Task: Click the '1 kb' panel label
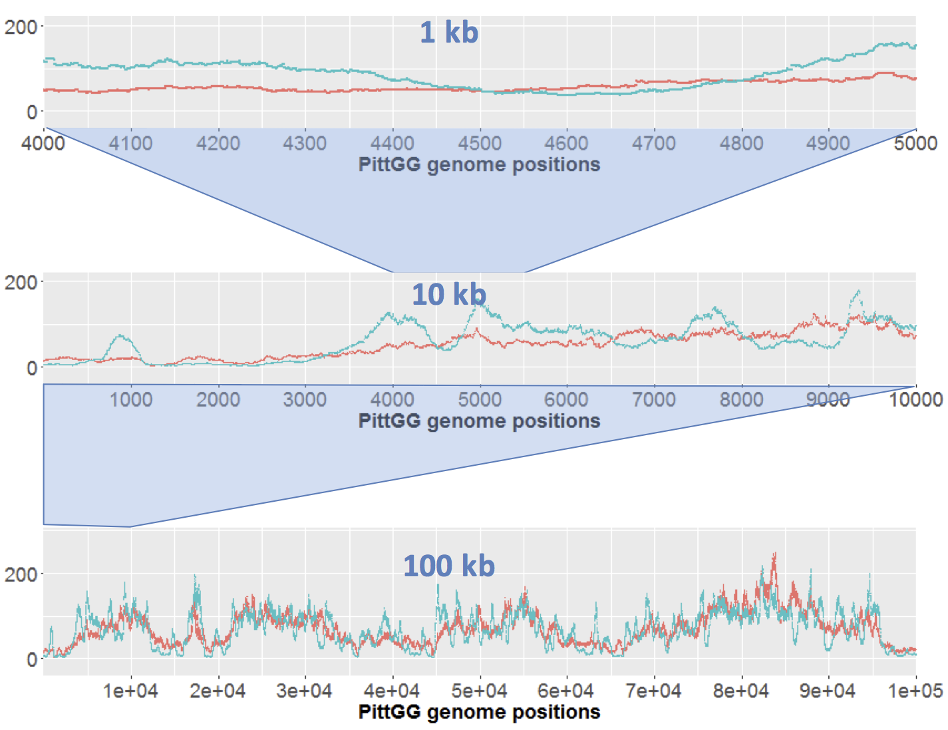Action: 448,32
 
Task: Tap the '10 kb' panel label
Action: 448,294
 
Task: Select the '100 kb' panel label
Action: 448,566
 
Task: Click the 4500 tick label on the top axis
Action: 479,143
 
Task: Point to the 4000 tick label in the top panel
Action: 43,143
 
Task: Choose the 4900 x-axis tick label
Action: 828,143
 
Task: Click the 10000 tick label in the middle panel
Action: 915,399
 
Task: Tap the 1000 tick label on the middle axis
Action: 131,399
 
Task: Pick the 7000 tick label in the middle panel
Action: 654,399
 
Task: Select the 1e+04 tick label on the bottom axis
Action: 131,691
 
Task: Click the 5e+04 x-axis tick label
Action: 479,691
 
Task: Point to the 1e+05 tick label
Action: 915,691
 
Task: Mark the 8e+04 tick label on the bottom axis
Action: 741,691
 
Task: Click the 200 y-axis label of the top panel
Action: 21,27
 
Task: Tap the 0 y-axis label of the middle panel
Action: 31,368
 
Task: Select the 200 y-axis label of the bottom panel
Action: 21,574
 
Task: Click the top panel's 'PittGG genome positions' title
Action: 479,164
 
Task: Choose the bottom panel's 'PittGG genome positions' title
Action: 479,712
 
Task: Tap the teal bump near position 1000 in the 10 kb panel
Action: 120,337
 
